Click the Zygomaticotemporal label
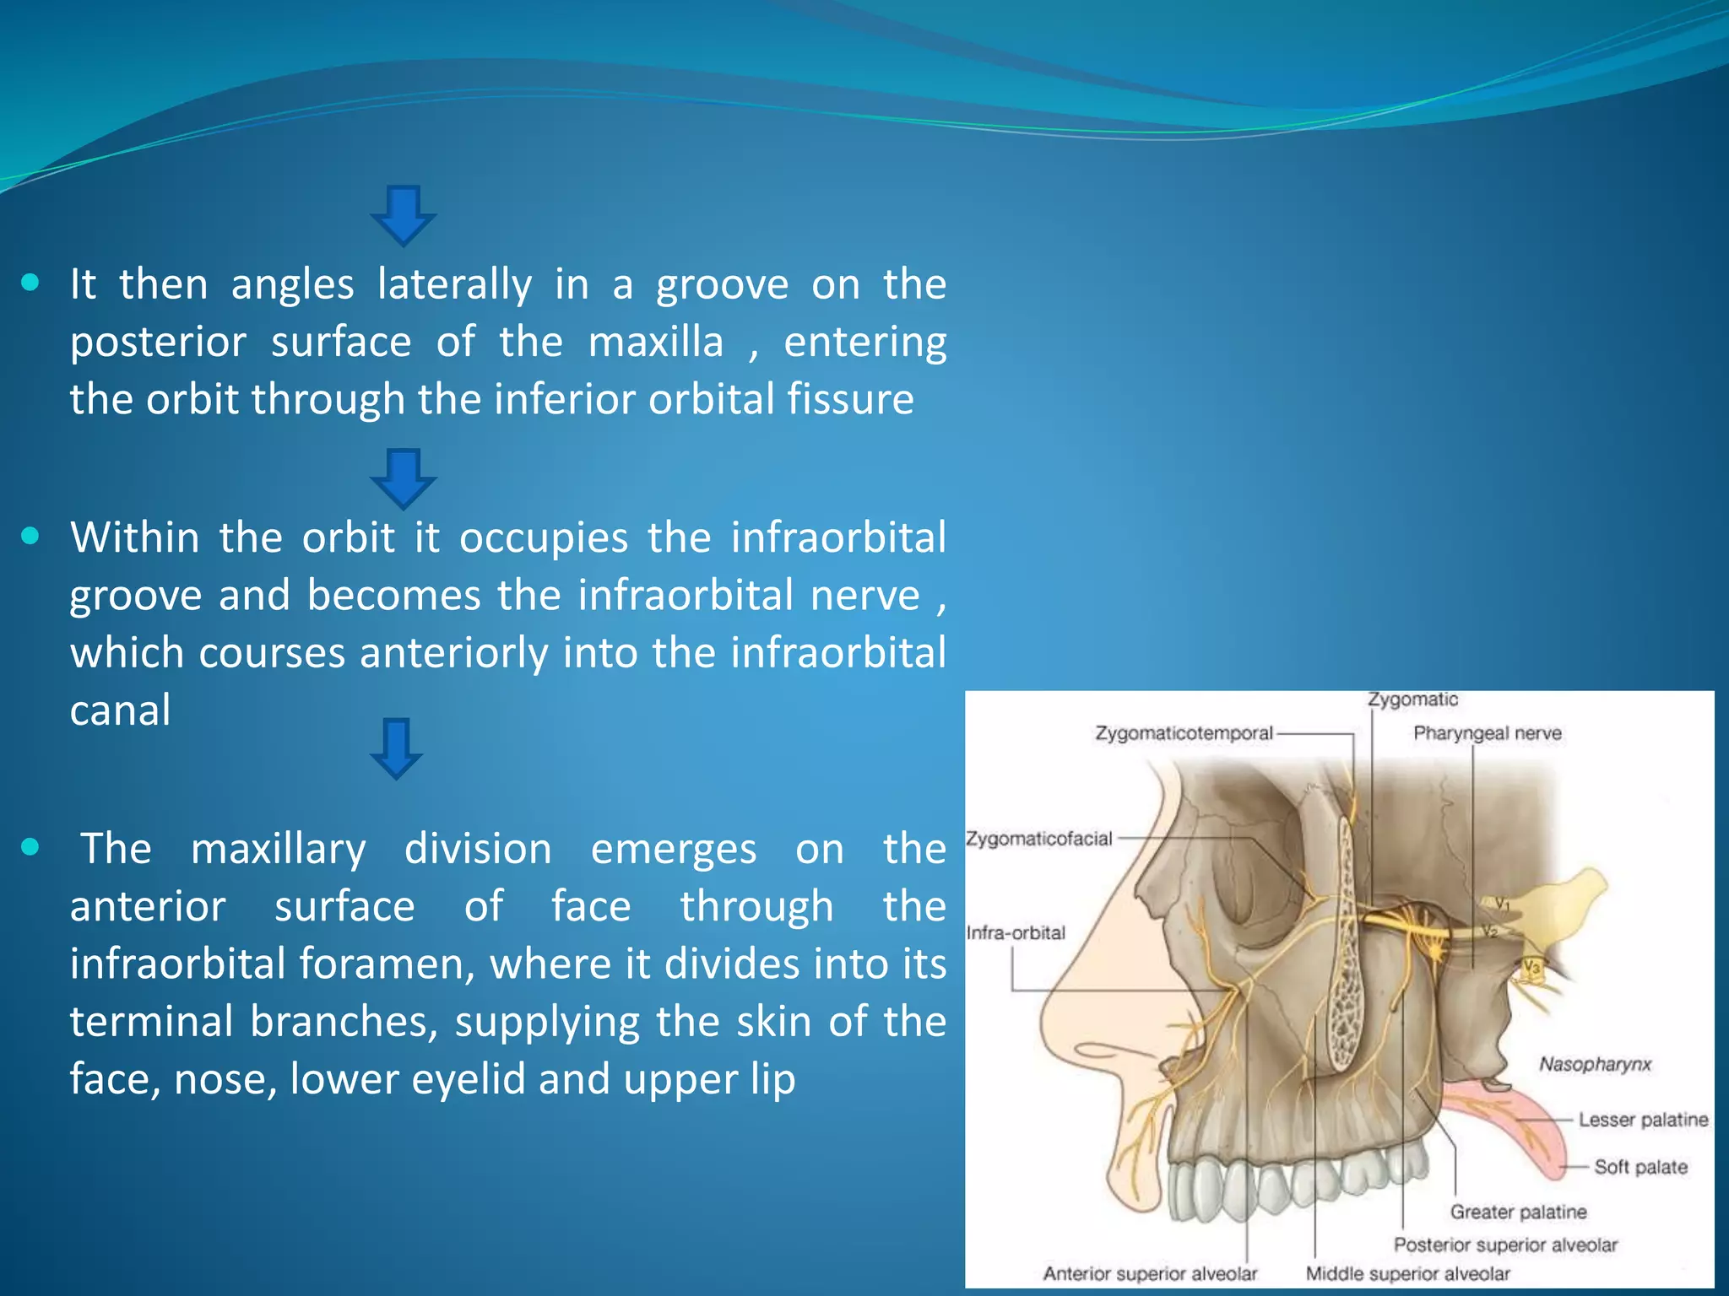1184,733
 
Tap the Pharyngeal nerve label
1488,733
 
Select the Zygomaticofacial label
1039,839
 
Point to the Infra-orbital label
1016,932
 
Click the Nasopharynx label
1595,1064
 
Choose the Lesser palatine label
1643,1120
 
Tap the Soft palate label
1640,1167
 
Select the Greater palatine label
1518,1212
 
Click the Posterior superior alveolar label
1505,1245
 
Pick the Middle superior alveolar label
1407,1273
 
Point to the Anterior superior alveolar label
1150,1273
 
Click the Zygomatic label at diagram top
1413,699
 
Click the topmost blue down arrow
404,215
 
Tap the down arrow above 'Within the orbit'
404,478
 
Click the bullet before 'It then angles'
30,283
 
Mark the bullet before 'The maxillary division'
30,847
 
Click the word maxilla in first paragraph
656,342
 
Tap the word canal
120,710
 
